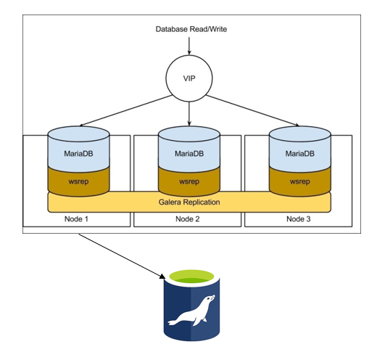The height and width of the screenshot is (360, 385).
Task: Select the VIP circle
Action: click(x=189, y=78)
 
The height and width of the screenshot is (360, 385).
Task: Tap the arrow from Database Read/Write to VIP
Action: click(x=189, y=46)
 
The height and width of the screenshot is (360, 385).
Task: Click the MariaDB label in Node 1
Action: click(x=78, y=154)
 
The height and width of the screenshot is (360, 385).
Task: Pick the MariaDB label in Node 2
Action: click(x=189, y=154)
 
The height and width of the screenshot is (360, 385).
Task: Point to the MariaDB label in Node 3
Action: click(x=300, y=154)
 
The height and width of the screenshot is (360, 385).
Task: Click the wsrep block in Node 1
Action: click(x=78, y=181)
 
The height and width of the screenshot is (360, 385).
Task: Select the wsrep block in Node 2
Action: click(x=189, y=181)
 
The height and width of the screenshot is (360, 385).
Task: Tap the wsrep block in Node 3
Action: click(x=300, y=181)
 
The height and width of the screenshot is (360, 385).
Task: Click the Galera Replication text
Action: click(x=189, y=201)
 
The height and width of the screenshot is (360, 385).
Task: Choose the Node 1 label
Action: click(x=78, y=219)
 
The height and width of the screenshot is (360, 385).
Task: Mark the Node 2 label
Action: click(x=189, y=219)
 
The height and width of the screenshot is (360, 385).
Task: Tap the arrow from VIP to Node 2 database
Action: click(x=189, y=112)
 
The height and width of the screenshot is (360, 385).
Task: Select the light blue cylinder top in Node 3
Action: click(x=300, y=135)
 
